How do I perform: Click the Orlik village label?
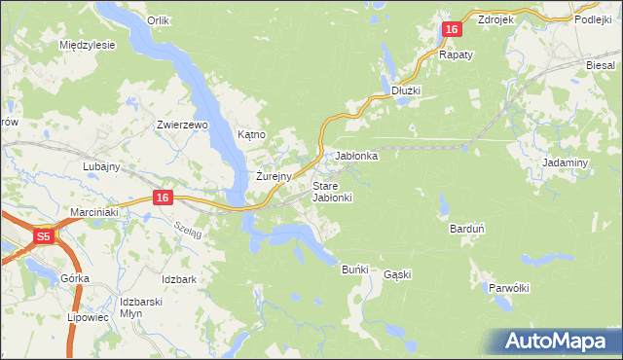click(x=158, y=19)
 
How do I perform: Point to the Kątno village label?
click(x=251, y=134)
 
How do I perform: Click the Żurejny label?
click(x=274, y=177)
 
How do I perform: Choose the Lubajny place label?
click(x=100, y=166)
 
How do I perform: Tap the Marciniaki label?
click(x=93, y=211)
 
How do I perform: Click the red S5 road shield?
click(x=43, y=235)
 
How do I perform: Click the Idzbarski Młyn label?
click(x=138, y=307)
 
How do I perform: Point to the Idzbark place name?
click(x=180, y=279)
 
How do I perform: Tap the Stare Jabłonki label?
click(x=332, y=192)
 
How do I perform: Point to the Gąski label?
click(x=397, y=274)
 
